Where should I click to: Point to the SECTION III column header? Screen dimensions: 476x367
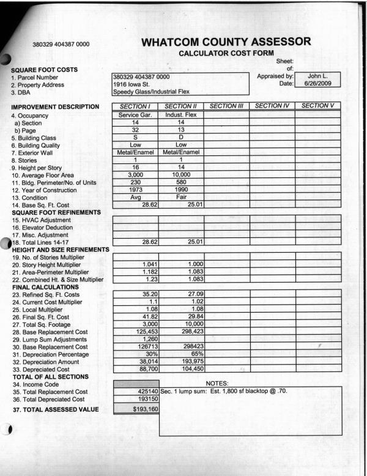(x=226, y=106)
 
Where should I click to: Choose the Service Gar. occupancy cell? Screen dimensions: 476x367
(x=136, y=114)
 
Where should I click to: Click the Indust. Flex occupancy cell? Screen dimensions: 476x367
(x=181, y=114)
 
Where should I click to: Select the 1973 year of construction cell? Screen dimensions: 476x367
(x=136, y=190)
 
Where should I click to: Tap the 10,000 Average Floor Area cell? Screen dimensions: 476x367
(x=181, y=174)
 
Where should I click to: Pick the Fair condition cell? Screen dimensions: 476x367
(x=181, y=197)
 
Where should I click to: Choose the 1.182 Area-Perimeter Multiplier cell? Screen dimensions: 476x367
(x=136, y=272)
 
